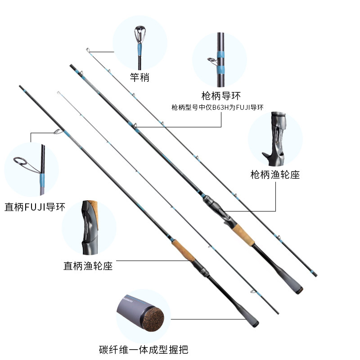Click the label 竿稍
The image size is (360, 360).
[139, 78]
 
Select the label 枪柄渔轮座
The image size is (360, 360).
[275, 175]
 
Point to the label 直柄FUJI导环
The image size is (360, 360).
[35, 207]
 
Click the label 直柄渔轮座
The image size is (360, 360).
[88, 266]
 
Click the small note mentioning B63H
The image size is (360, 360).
[217, 107]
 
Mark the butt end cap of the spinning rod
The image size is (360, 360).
[254, 323]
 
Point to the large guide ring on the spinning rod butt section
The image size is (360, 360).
[58, 131]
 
